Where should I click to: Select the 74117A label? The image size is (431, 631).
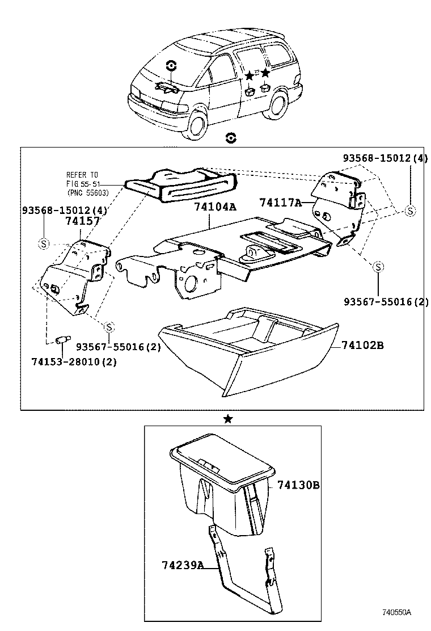pyautogui.click(x=281, y=202)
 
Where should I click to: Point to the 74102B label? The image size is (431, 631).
pyautogui.click(x=362, y=345)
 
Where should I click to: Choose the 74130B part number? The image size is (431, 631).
pyautogui.click(x=299, y=486)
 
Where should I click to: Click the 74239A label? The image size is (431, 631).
pyautogui.click(x=182, y=565)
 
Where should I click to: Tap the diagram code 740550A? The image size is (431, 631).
pyautogui.click(x=396, y=613)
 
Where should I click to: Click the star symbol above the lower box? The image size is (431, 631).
pyautogui.click(x=227, y=419)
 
